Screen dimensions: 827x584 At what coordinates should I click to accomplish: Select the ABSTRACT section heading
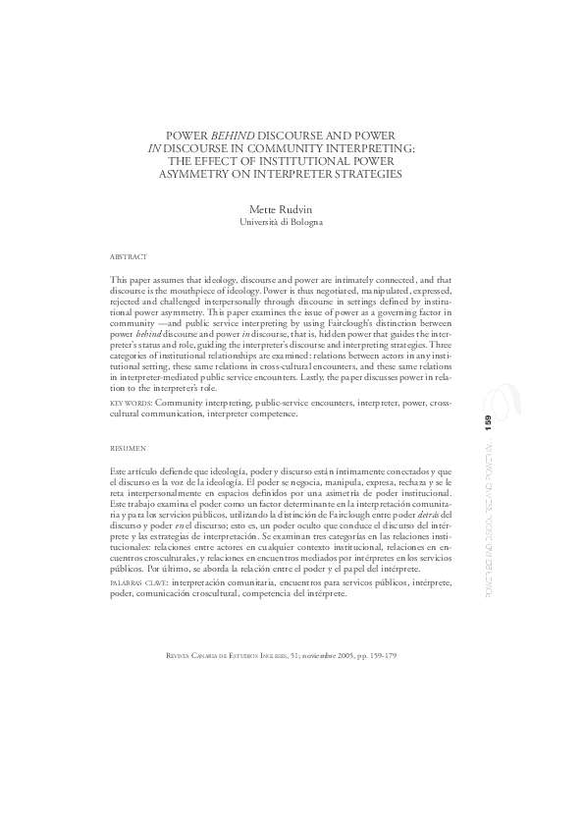tap(129, 256)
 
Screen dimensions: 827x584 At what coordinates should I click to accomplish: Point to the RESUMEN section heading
tap(129, 447)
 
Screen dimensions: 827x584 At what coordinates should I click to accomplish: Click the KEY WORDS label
tap(131, 404)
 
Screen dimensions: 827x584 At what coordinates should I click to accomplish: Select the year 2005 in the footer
tap(340, 656)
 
